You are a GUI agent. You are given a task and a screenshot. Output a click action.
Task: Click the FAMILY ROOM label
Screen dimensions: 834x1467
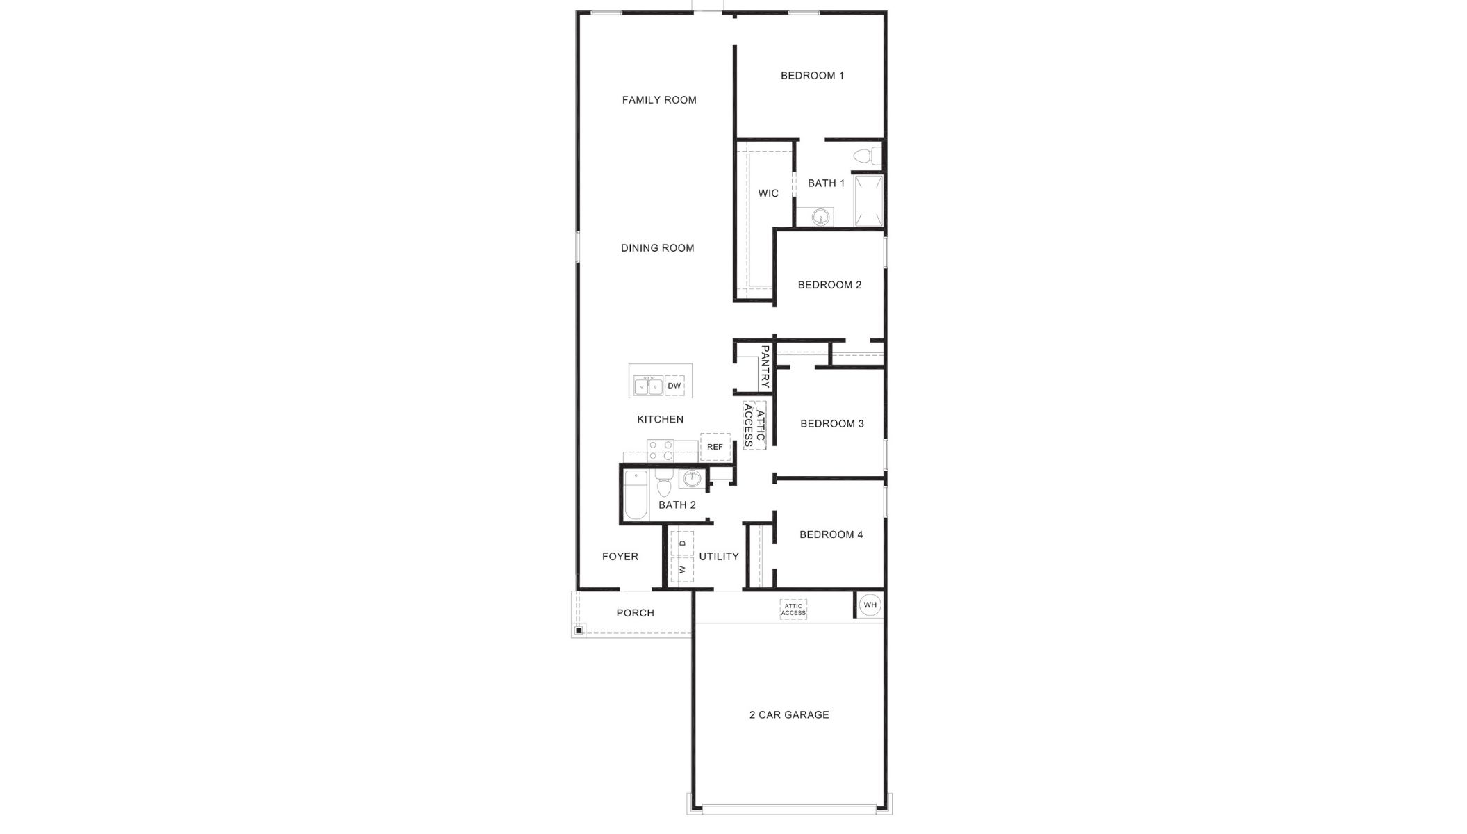coord(659,100)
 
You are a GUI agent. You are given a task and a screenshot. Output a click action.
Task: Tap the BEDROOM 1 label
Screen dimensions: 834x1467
coord(812,76)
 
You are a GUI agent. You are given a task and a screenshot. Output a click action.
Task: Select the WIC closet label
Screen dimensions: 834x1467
coord(768,193)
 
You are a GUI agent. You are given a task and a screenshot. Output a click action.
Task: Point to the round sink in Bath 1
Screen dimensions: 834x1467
coord(821,218)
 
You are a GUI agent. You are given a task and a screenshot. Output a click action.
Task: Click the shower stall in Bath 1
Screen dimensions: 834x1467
coord(868,200)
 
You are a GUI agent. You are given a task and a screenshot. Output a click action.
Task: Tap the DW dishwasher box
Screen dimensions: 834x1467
coord(674,386)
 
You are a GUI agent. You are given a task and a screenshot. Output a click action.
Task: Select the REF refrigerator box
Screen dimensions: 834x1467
coord(715,447)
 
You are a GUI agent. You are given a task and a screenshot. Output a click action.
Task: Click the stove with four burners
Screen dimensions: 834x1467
coord(660,451)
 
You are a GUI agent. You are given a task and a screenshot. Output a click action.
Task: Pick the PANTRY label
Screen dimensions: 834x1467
coord(765,366)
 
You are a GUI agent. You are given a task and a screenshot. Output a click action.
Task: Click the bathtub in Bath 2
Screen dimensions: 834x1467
coord(636,495)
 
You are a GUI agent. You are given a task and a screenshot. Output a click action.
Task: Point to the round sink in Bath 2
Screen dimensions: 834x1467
coord(691,478)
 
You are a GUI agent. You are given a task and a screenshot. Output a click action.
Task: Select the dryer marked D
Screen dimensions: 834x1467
coord(682,543)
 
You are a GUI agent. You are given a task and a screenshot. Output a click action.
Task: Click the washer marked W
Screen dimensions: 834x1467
coord(682,569)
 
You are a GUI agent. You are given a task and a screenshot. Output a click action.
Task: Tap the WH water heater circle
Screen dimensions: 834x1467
coord(870,605)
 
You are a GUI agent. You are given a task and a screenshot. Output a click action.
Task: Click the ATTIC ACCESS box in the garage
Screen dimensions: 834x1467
coord(793,610)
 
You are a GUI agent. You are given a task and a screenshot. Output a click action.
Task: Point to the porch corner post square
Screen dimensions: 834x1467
coord(579,630)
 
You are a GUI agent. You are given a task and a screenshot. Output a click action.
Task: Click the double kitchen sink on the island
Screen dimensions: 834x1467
coord(648,386)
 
